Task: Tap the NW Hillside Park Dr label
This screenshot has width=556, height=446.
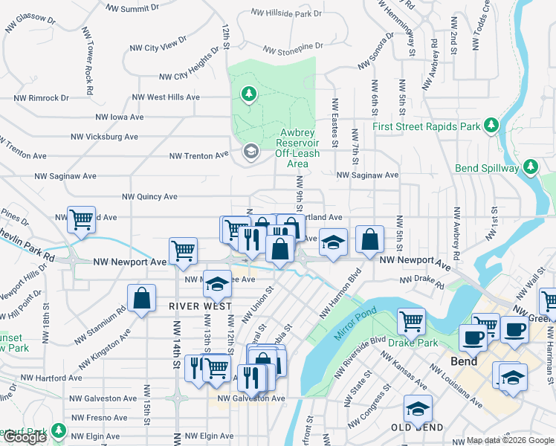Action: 286,13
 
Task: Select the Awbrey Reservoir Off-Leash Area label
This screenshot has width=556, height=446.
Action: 297,147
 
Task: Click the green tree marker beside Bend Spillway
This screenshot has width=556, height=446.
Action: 530,167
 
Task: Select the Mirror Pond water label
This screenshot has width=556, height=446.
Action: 352,320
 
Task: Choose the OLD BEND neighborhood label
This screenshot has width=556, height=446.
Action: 418,427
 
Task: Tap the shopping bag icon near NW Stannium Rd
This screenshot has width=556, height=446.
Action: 141,298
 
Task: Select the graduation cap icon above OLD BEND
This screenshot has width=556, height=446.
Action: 418,408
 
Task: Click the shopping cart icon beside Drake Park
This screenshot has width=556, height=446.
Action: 411,321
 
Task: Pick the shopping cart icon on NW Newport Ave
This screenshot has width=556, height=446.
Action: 183,251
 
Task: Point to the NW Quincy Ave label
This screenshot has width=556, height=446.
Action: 150,197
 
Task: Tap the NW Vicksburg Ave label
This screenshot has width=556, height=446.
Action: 105,137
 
